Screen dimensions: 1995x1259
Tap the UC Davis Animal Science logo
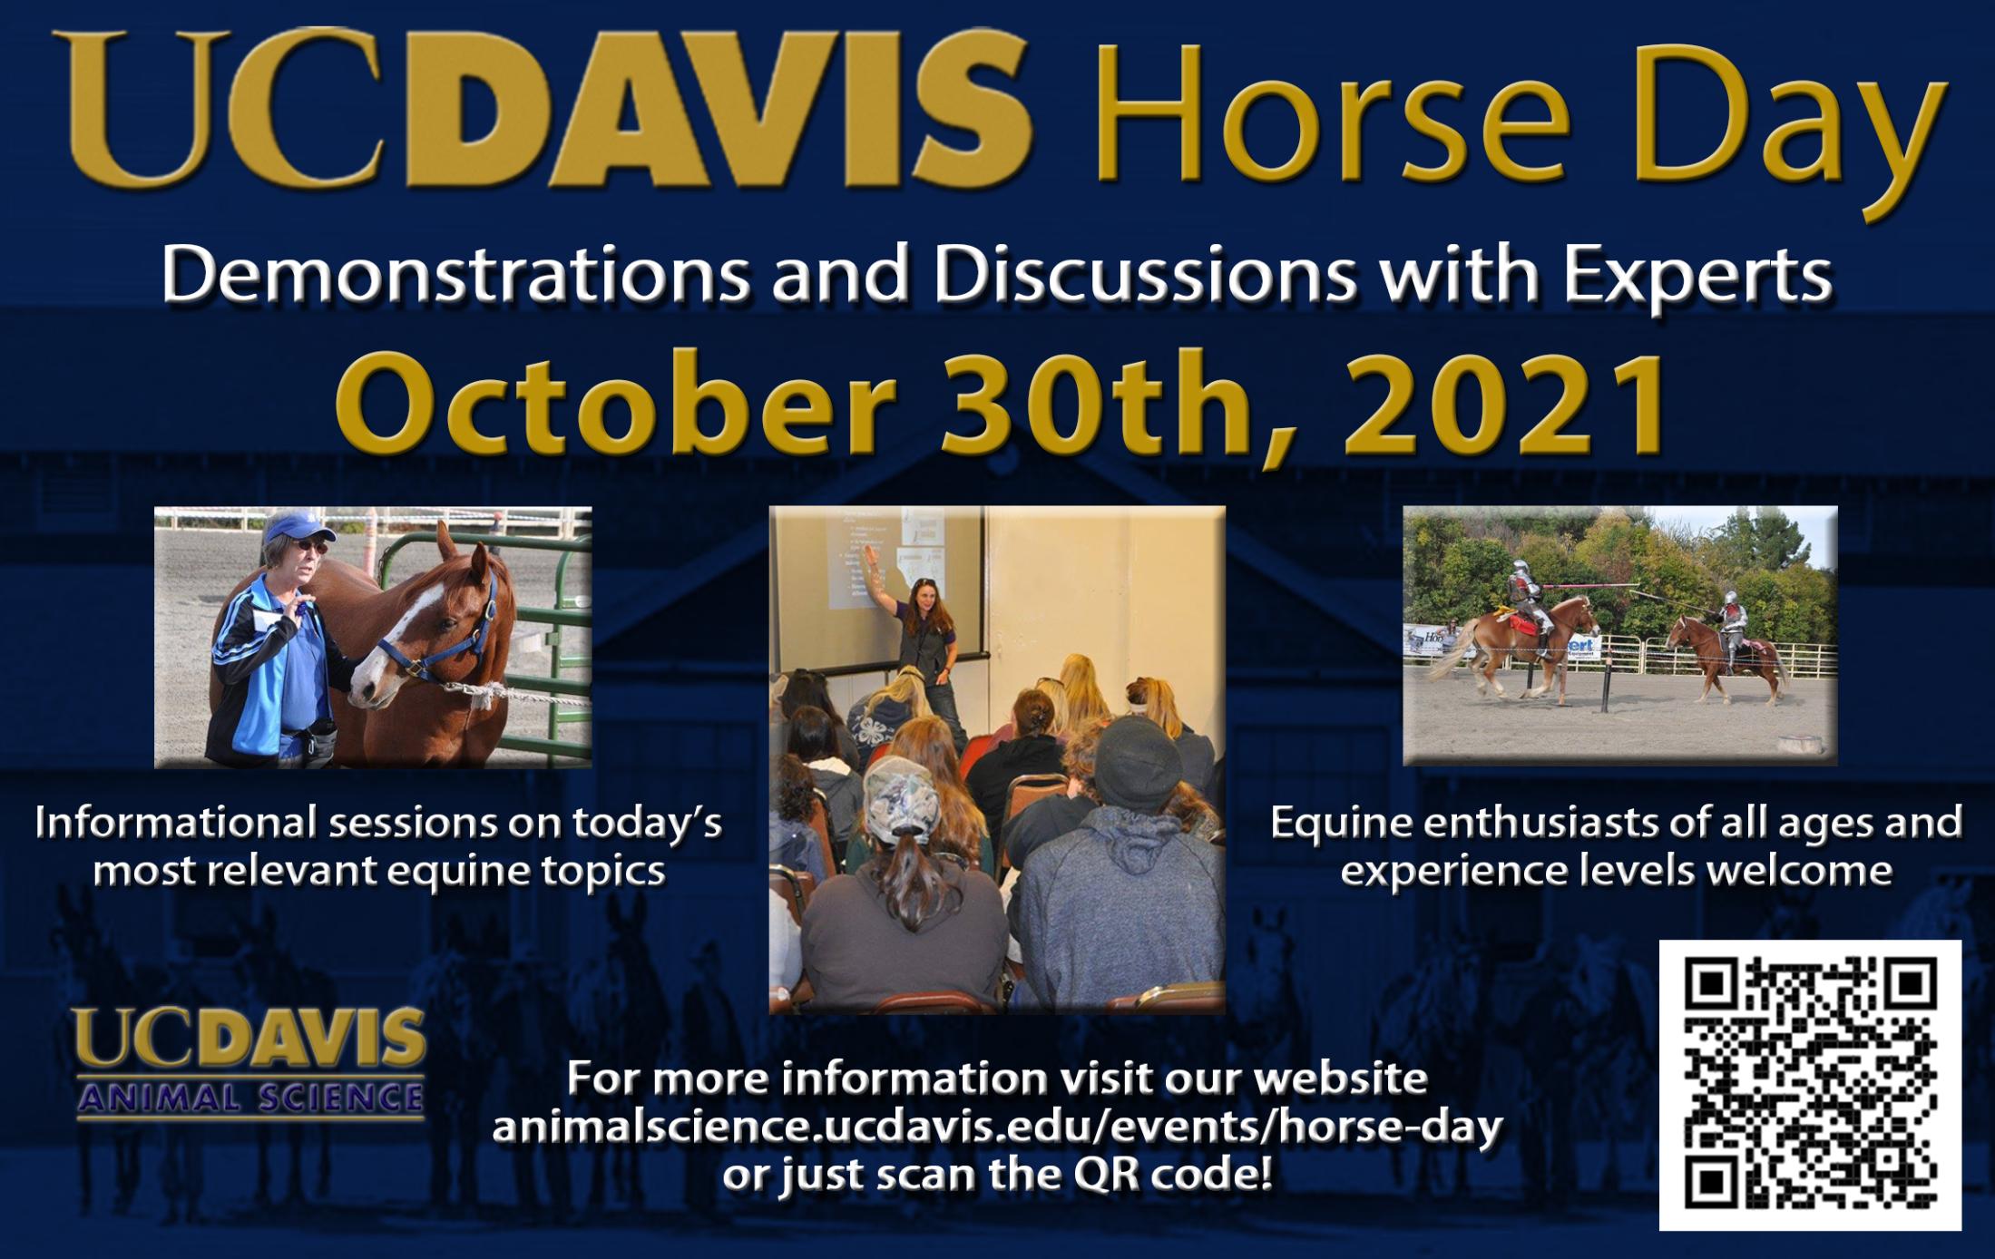coord(250,1062)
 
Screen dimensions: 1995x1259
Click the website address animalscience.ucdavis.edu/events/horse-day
coord(996,1127)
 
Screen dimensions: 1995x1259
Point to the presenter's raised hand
coord(870,556)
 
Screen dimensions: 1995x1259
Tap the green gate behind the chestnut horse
coord(544,635)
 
